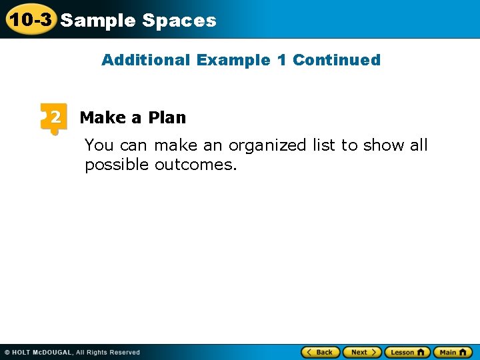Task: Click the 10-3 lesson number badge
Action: tap(29, 19)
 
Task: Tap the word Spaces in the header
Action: tap(179, 21)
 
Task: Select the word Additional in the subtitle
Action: tap(145, 60)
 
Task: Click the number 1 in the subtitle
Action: tap(281, 60)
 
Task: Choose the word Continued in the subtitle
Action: tap(337, 60)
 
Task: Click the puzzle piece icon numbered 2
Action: tap(54, 118)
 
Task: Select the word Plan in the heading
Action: tap(167, 118)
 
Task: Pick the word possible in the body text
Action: tap(117, 165)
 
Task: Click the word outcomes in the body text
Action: tap(196, 165)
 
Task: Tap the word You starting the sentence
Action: tap(99, 145)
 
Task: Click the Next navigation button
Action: tap(362, 352)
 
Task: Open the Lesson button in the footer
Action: tap(407, 352)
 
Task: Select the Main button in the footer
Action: tap(453, 352)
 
